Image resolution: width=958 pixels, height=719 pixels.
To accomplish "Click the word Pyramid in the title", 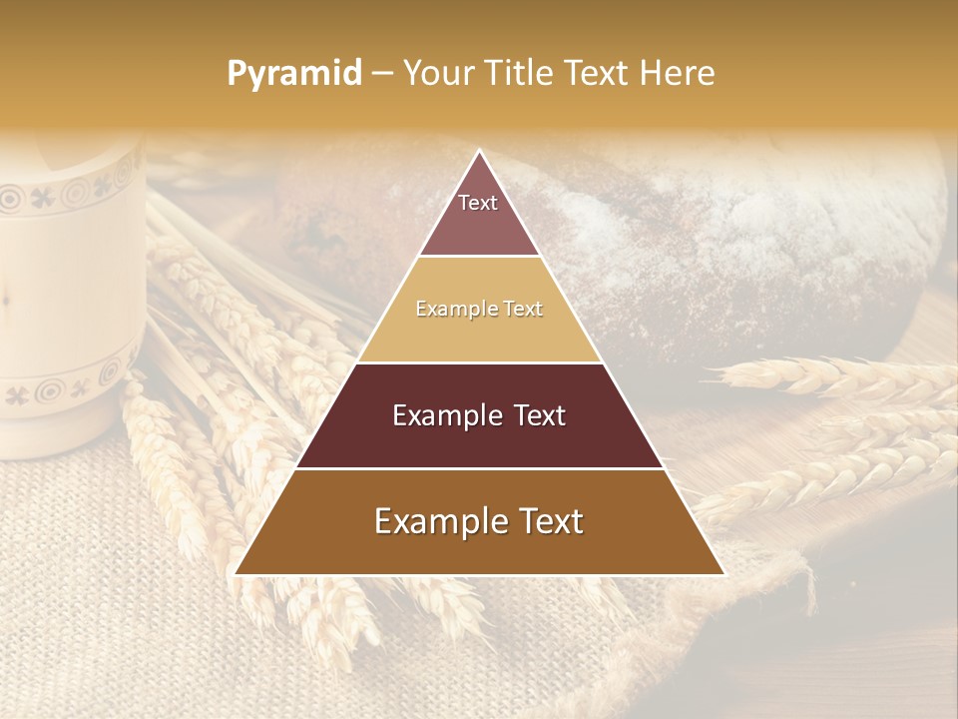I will pos(293,74).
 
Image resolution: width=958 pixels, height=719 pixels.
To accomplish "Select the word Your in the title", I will pos(440,73).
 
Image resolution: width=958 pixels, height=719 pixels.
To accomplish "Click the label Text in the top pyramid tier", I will pos(478,203).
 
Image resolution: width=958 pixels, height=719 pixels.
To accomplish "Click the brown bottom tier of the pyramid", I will pos(479,549).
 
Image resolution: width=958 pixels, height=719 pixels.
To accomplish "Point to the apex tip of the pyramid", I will pos(479,152).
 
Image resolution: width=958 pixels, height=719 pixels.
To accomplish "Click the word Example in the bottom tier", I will pos(439,521).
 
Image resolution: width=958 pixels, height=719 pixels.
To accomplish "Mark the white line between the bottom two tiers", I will pos(479,468).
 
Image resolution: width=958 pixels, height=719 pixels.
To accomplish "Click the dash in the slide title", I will pos(381,74).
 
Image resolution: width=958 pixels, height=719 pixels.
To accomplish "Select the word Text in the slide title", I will pos(600,73).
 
